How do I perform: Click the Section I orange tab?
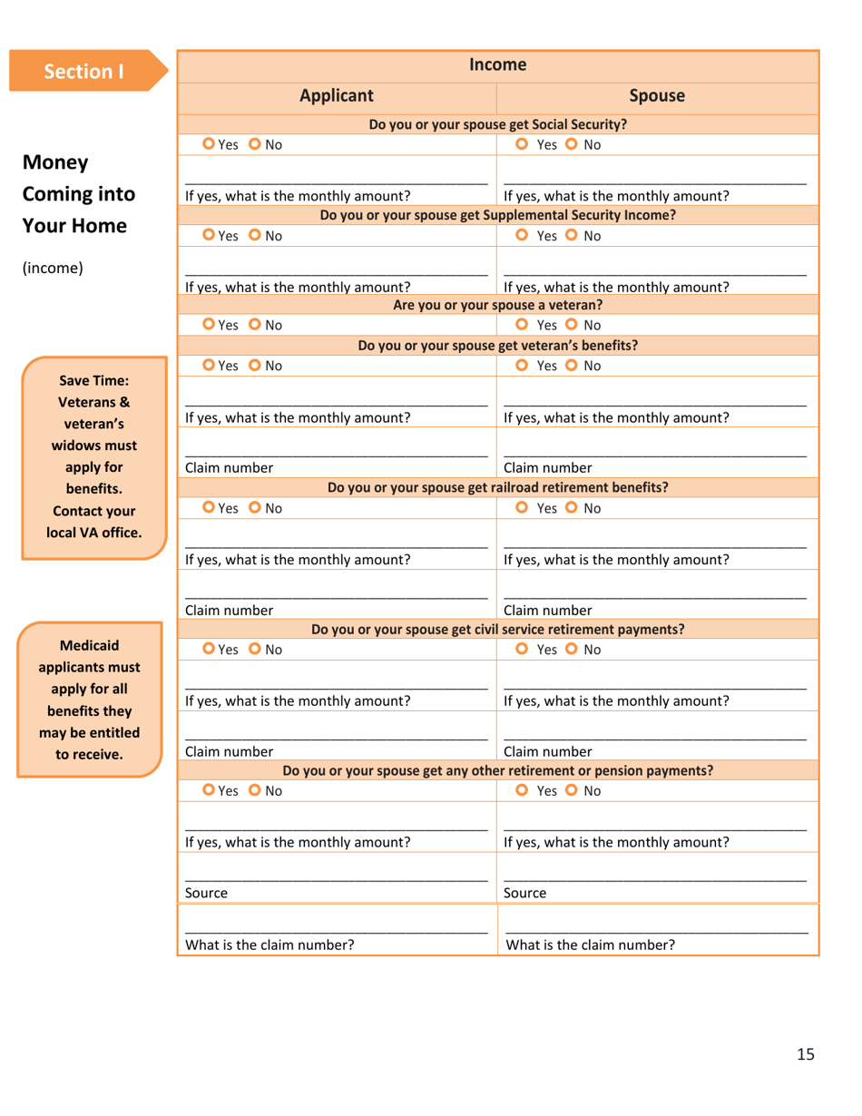pos(84,71)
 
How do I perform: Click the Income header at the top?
pos(498,64)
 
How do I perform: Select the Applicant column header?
pos(337,96)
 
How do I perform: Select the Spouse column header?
pos(657,96)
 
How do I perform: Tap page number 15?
pos(806,1053)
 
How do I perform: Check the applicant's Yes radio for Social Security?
pos(209,144)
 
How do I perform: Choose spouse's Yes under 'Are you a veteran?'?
pos(522,325)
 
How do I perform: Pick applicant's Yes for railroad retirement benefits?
pos(209,508)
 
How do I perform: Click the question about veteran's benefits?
pos(498,345)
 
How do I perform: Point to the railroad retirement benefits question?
pos(498,487)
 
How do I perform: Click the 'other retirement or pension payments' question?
pos(498,771)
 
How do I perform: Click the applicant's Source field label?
pos(206,893)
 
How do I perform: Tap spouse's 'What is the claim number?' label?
pos(590,945)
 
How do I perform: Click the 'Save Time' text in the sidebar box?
pos(93,380)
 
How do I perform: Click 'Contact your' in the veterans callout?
pos(93,511)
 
